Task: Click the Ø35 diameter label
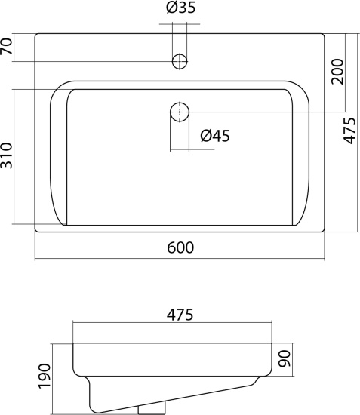coord(181,8)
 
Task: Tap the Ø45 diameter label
coord(215,136)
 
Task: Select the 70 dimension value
coord(6,46)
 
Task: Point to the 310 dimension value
coord(6,155)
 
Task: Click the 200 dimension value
coord(337,72)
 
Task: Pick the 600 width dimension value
coord(180,247)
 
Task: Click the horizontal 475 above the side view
coord(180,315)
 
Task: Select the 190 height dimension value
coord(45,376)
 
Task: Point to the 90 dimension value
coord(285,358)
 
